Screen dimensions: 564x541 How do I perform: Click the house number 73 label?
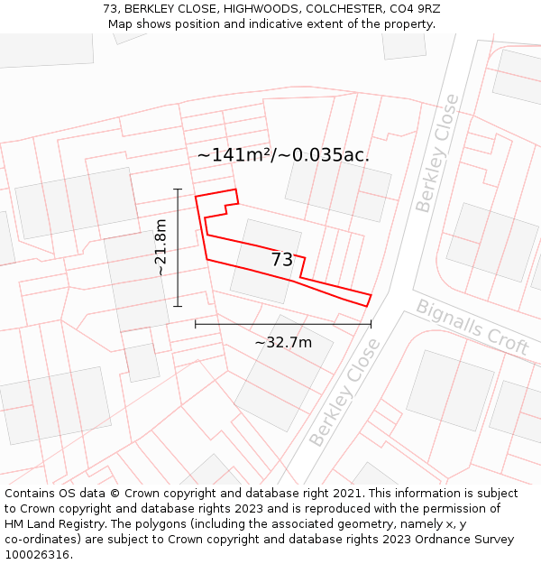(282, 260)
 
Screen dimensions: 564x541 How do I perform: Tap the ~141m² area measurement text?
(234, 155)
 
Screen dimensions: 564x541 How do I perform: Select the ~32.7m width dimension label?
(283, 342)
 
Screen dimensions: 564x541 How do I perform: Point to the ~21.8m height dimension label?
(160, 246)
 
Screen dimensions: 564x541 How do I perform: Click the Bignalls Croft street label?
(472, 326)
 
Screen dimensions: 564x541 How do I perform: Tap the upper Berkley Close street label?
(437, 153)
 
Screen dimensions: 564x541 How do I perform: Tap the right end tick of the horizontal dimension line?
(371, 323)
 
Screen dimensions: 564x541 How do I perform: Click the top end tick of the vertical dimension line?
(178, 190)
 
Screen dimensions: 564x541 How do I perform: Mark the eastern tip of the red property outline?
(371, 295)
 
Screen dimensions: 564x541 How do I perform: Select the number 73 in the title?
(110, 9)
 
